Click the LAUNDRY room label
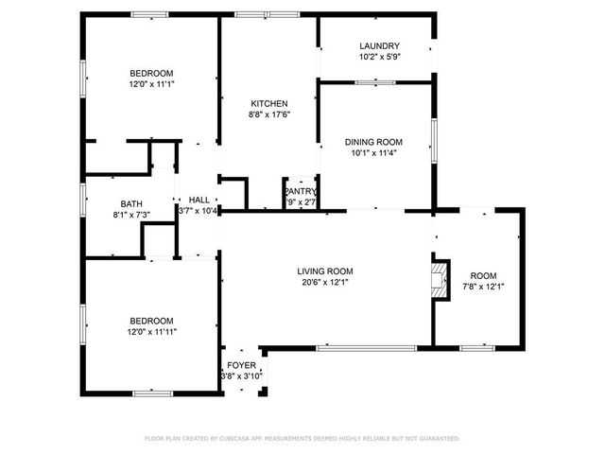tap(379, 46)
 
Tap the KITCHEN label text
tap(269, 103)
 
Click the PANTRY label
tap(301, 191)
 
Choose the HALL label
tap(199, 200)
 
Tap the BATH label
tap(130, 203)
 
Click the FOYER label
tap(240, 365)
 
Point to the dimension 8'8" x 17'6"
tap(269, 114)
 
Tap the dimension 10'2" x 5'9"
tap(379, 58)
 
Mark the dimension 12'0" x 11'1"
tap(151, 84)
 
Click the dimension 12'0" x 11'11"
tap(151, 331)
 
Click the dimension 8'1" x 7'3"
tap(130, 215)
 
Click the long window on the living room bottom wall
tap(353, 348)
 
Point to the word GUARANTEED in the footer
tap(438, 439)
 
